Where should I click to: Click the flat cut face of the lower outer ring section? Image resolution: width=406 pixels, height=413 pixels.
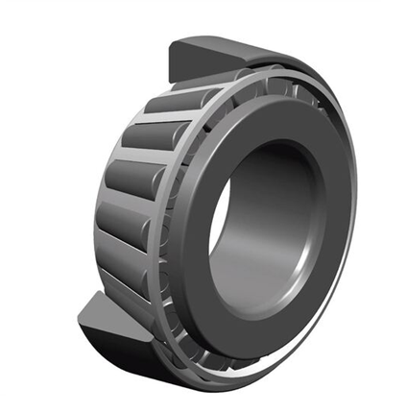[105, 313]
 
